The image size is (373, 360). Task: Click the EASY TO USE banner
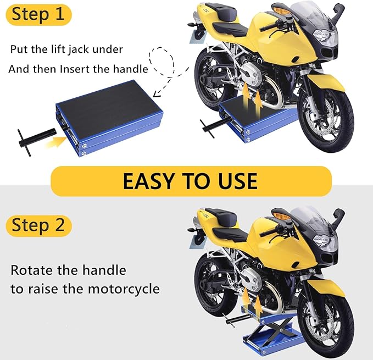190,181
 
